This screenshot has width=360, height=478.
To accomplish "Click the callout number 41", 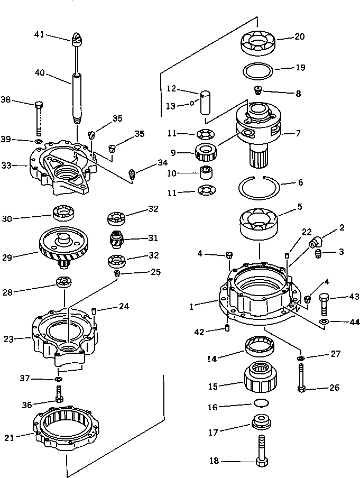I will (x=39, y=34).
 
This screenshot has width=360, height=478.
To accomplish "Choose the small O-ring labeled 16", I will (x=260, y=403).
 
